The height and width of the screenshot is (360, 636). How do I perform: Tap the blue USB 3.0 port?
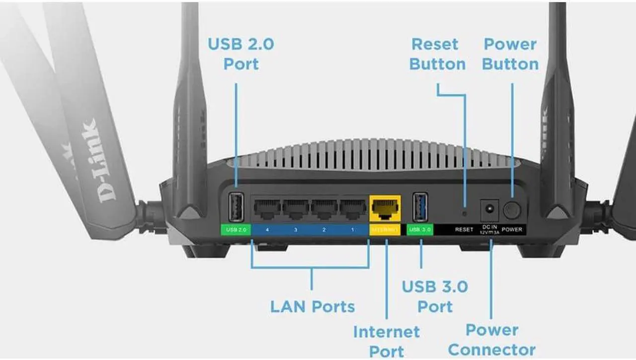point(420,206)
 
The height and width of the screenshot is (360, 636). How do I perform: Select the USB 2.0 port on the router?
point(236,206)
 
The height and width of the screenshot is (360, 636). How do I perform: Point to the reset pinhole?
point(465,214)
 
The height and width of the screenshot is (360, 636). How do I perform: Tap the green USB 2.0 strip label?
point(236,230)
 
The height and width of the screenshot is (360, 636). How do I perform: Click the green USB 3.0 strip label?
point(420,230)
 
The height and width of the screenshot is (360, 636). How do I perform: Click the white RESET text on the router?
point(464,230)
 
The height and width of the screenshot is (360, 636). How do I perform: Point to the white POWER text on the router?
point(512,230)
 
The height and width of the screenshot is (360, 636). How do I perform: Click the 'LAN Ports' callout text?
point(313,306)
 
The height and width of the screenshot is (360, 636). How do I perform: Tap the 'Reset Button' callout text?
point(437,54)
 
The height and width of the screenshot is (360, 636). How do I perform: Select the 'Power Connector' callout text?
point(491,340)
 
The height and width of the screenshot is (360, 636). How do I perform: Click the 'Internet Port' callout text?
point(386,341)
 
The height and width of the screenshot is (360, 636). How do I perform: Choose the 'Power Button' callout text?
point(510,54)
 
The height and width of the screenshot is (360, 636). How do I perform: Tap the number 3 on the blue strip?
point(296,230)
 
